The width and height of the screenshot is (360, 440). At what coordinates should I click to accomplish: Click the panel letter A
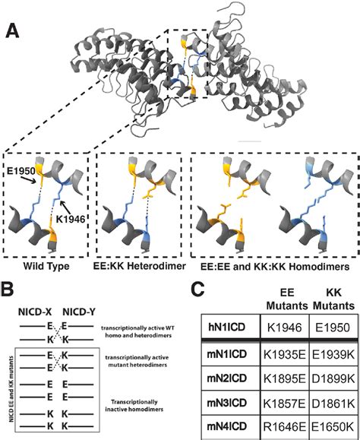point(11,31)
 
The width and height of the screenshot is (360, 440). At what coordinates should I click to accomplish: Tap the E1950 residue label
point(21,173)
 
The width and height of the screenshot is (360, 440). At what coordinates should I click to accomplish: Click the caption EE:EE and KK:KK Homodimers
point(267,267)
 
